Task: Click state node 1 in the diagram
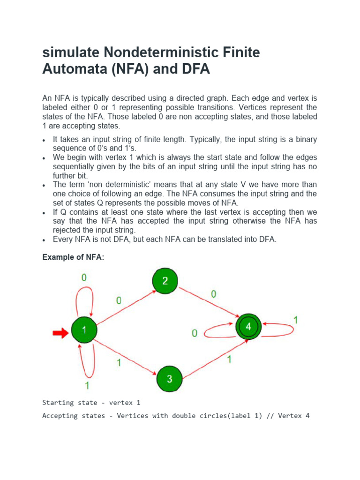[84, 330]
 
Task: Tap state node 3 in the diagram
[169, 379]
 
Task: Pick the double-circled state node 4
[248, 327]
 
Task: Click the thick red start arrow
[60, 333]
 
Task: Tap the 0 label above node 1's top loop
[84, 277]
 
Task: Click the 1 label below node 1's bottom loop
[87, 386]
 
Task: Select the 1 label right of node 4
[296, 320]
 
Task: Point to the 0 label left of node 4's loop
[195, 333]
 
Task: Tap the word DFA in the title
[194, 69]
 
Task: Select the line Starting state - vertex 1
[91, 403]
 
